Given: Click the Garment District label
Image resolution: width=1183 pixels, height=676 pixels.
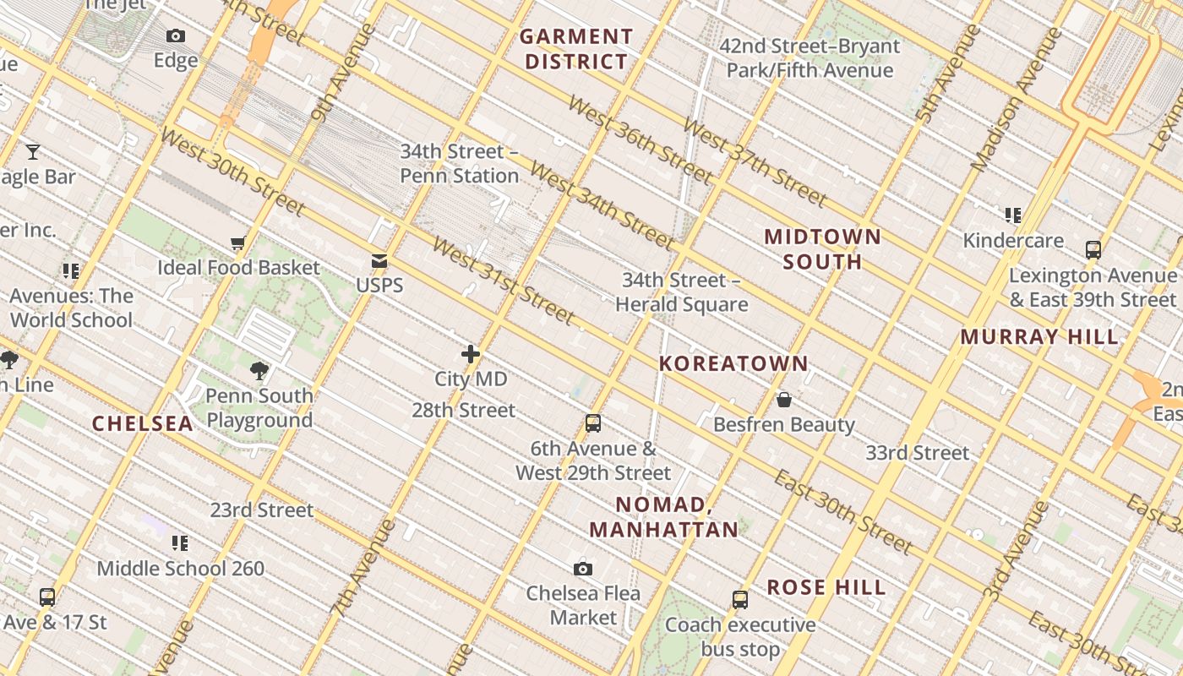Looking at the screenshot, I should pos(576,49).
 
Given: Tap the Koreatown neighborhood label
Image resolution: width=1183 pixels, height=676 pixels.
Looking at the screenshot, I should pos(733,364).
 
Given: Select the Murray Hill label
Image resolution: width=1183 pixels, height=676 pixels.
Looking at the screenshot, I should pos(1039,337).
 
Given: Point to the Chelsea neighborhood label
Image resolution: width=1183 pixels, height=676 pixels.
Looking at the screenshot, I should pos(142,424).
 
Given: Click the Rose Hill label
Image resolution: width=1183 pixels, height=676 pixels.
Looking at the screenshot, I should pos(826,588).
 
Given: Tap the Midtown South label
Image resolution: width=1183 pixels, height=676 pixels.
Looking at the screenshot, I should pos(823,249).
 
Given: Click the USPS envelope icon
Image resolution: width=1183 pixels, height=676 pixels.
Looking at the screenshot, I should pos(379,261).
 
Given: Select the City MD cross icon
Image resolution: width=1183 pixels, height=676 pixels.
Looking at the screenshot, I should pos(471,355).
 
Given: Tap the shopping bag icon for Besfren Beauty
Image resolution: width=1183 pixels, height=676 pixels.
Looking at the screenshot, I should pos(784,400).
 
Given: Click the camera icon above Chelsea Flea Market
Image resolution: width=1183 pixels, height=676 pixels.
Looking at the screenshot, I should pos(583,569).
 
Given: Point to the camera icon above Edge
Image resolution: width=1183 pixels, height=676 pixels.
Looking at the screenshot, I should pos(176,35).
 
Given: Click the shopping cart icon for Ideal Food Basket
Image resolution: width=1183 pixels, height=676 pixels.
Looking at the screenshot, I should pos(238,243).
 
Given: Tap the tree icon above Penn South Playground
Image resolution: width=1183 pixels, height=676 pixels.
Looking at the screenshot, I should pos(259,370).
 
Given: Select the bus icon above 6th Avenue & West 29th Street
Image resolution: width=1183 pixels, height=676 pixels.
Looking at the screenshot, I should pos(593,423).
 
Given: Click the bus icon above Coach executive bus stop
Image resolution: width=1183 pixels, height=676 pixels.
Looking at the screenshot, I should pos(740,600).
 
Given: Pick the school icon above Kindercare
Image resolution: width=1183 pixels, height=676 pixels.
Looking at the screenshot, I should pos(1013,215).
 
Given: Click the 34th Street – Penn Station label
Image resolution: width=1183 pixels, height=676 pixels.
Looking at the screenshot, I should pos(459,164).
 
